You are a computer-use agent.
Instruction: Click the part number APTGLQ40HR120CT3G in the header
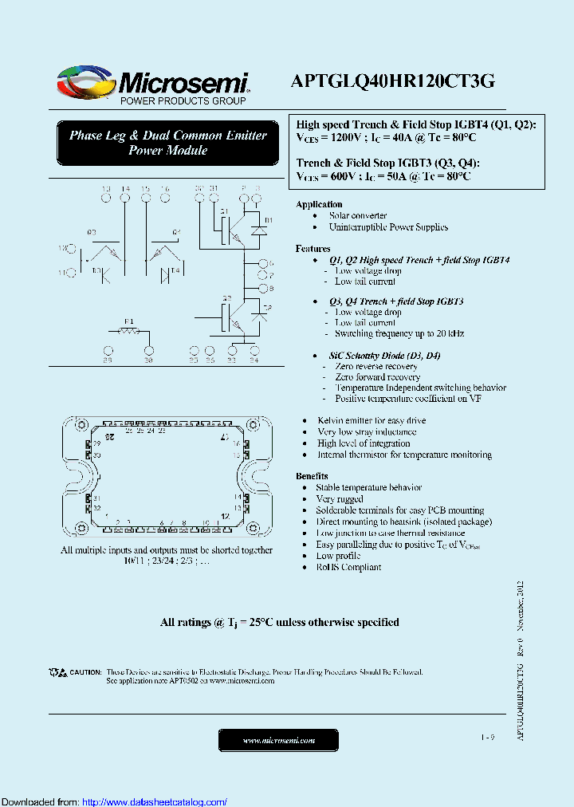(393, 81)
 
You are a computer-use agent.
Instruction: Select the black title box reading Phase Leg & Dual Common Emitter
(167, 143)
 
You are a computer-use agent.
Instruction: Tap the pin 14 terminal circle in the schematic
(125, 190)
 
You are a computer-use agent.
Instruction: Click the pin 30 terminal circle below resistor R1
(148, 349)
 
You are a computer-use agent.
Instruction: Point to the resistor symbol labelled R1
(128, 329)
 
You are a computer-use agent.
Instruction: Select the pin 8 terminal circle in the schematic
(260, 288)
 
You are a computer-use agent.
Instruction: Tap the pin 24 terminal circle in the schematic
(254, 349)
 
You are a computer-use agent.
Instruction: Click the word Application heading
(319, 204)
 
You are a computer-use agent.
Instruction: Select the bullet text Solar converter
(358, 215)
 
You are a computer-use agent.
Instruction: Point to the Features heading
(313, 249)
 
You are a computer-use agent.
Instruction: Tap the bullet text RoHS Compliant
(348, 567)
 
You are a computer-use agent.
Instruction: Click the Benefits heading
(312, 476)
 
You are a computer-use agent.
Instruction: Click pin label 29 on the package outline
(96, 443)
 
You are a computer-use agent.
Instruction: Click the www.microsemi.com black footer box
(278, 741)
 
